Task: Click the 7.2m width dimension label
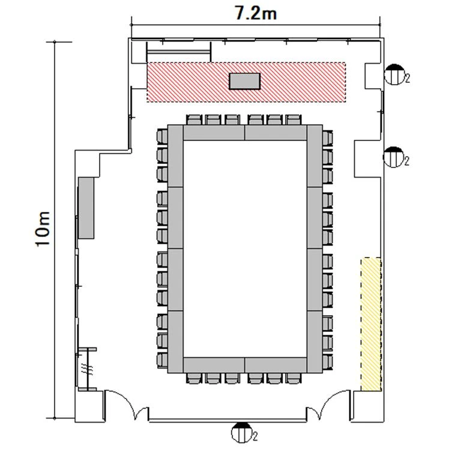pyautogui.click(x=256, y=13)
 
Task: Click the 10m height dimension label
pyautogui.click(x=43, y=229)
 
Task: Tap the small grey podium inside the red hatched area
pyautogui.click(x=244, y=81)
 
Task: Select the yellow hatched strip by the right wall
pyautogui.click(x=371, y=324)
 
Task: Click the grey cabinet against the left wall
pyautogui.click(x=86, y=208)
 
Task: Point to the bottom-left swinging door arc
pyautogui.click(x=127, y=403)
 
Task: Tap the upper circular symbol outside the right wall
pyautogui.click(x=394, y=74)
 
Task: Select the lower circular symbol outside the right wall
pyautogui.click(x=394, y=157)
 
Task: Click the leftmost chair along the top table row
pyautogui.click(x=194, y=119)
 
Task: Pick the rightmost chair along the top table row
pyautogui.click(x=293, y=119)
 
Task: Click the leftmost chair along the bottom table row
pyautogui.click(x=194, y=378)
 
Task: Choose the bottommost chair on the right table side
pyautogui.click(x=328, y=362)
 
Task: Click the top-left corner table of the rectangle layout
pyautogui.click(x=175, y=156)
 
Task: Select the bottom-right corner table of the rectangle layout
pyautogui.click(x=315, y=342)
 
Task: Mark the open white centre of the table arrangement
pyautogui.click(x=245, y=249)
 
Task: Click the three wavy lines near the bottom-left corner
pyautogui.click(x=87, y=368)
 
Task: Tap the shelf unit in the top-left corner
pyautogui.click(x=179, y=52)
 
